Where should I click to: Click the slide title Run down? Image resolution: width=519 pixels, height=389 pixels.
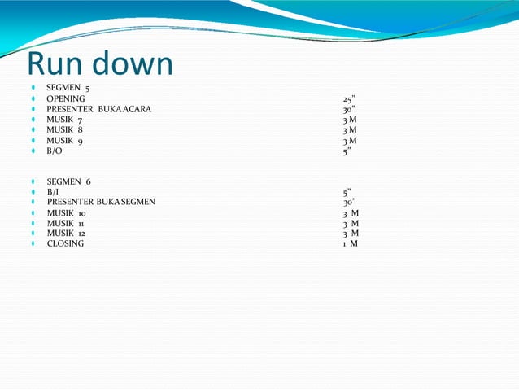coord(100,64)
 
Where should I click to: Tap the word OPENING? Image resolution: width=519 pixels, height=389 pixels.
coord(66,98)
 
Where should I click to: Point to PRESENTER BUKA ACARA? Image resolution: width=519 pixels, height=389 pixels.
coord(98,109)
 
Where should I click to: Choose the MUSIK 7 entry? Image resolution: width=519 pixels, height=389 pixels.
coord(64,120)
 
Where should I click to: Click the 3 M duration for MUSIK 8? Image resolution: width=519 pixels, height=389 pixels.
coord(350,129)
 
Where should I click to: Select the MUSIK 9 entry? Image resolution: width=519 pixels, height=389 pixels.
coord(64,141)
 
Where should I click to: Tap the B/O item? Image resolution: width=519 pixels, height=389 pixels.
coord(55,151)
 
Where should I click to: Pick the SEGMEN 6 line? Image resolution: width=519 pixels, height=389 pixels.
coord(68,181)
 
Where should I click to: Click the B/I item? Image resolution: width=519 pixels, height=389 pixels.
coord(54,192)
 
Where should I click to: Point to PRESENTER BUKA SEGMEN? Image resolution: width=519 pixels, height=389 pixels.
coord(101,202)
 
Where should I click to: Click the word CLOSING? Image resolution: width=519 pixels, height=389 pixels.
coord(65,243)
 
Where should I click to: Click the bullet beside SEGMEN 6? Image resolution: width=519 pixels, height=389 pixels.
coord(32,181)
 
